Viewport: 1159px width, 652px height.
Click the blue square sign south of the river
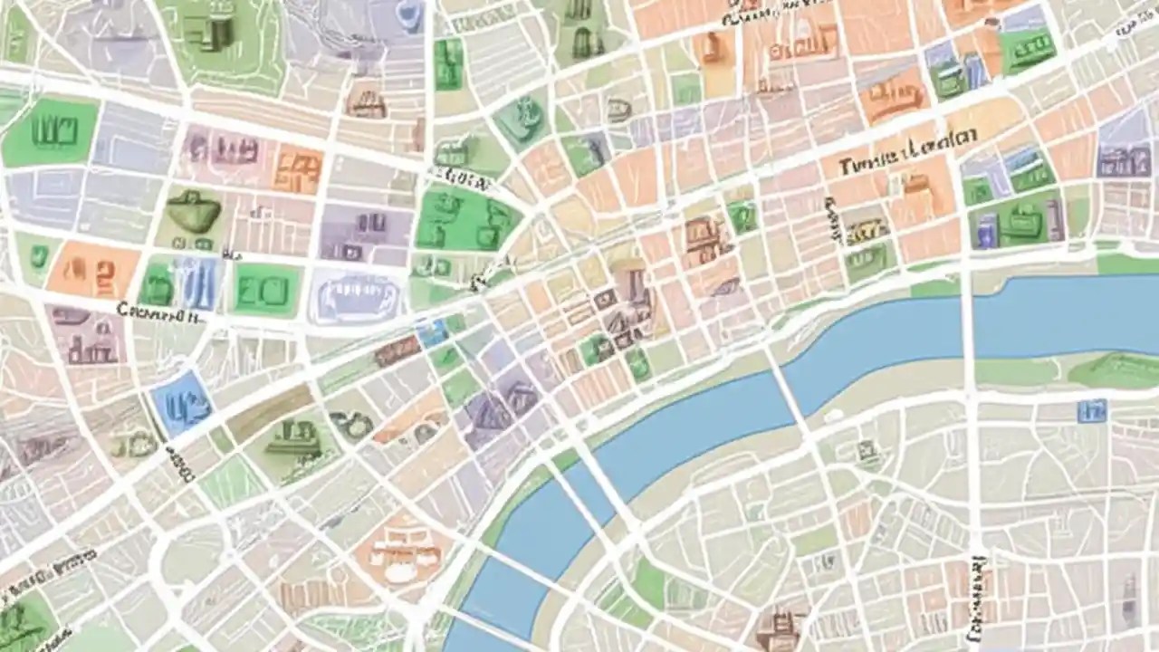pyautogui.click(x=1091, y=412)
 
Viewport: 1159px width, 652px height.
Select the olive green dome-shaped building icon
pyautogui.click(x=193, y=213)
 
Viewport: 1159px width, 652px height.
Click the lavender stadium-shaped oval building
pyautogui.click(x=355, y=295)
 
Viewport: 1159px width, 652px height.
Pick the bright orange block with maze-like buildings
pyautogui.click(x=297, y=169)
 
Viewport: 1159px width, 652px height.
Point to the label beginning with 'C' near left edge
pyautogui.click(x=158, y=313)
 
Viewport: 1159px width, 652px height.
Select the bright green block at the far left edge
pyautogui.click(x=51, y=132)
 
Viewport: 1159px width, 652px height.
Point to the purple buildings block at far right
pyautogui.click(x=1123, y=158)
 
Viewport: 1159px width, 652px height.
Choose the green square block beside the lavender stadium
pyautogui.click(x=265, y=290)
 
